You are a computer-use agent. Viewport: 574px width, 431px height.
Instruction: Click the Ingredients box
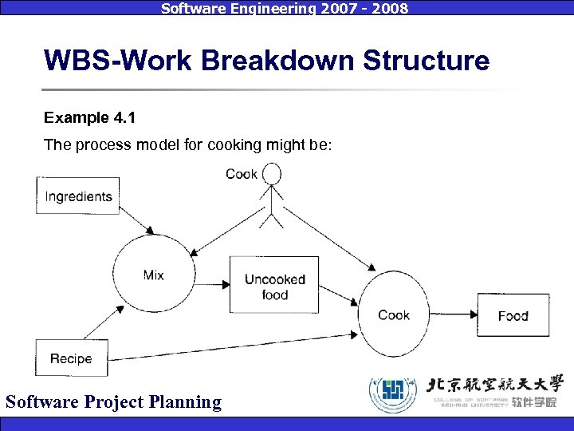[77, 196]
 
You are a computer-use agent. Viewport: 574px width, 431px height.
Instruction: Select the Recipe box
[71, 358]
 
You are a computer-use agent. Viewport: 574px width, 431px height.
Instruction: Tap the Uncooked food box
[274, 285]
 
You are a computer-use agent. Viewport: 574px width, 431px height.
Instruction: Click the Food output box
[513, 315]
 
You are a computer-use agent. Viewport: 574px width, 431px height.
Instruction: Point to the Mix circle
[153, 275]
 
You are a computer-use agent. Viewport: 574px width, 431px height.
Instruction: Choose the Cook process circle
[394, 314]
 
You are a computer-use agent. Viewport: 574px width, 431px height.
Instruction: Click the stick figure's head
[273, 173]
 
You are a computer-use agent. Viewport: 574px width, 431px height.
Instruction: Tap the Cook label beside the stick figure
[241, 173]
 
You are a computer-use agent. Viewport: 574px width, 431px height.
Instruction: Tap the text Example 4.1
[89, 118]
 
